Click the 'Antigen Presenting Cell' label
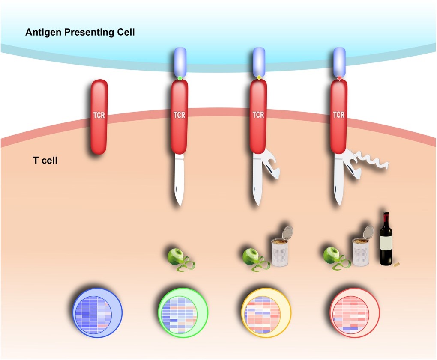coord(80,33)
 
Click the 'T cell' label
coord(45,161)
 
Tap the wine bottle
coord(386,240)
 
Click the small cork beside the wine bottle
coord(396,264)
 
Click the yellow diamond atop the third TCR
coord(259,78)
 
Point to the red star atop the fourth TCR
coord(339,78)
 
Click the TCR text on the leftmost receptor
coord(99,115)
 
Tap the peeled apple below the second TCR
coord(177,257)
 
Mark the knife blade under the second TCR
coord(180,180)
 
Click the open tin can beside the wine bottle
coord(361,249)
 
